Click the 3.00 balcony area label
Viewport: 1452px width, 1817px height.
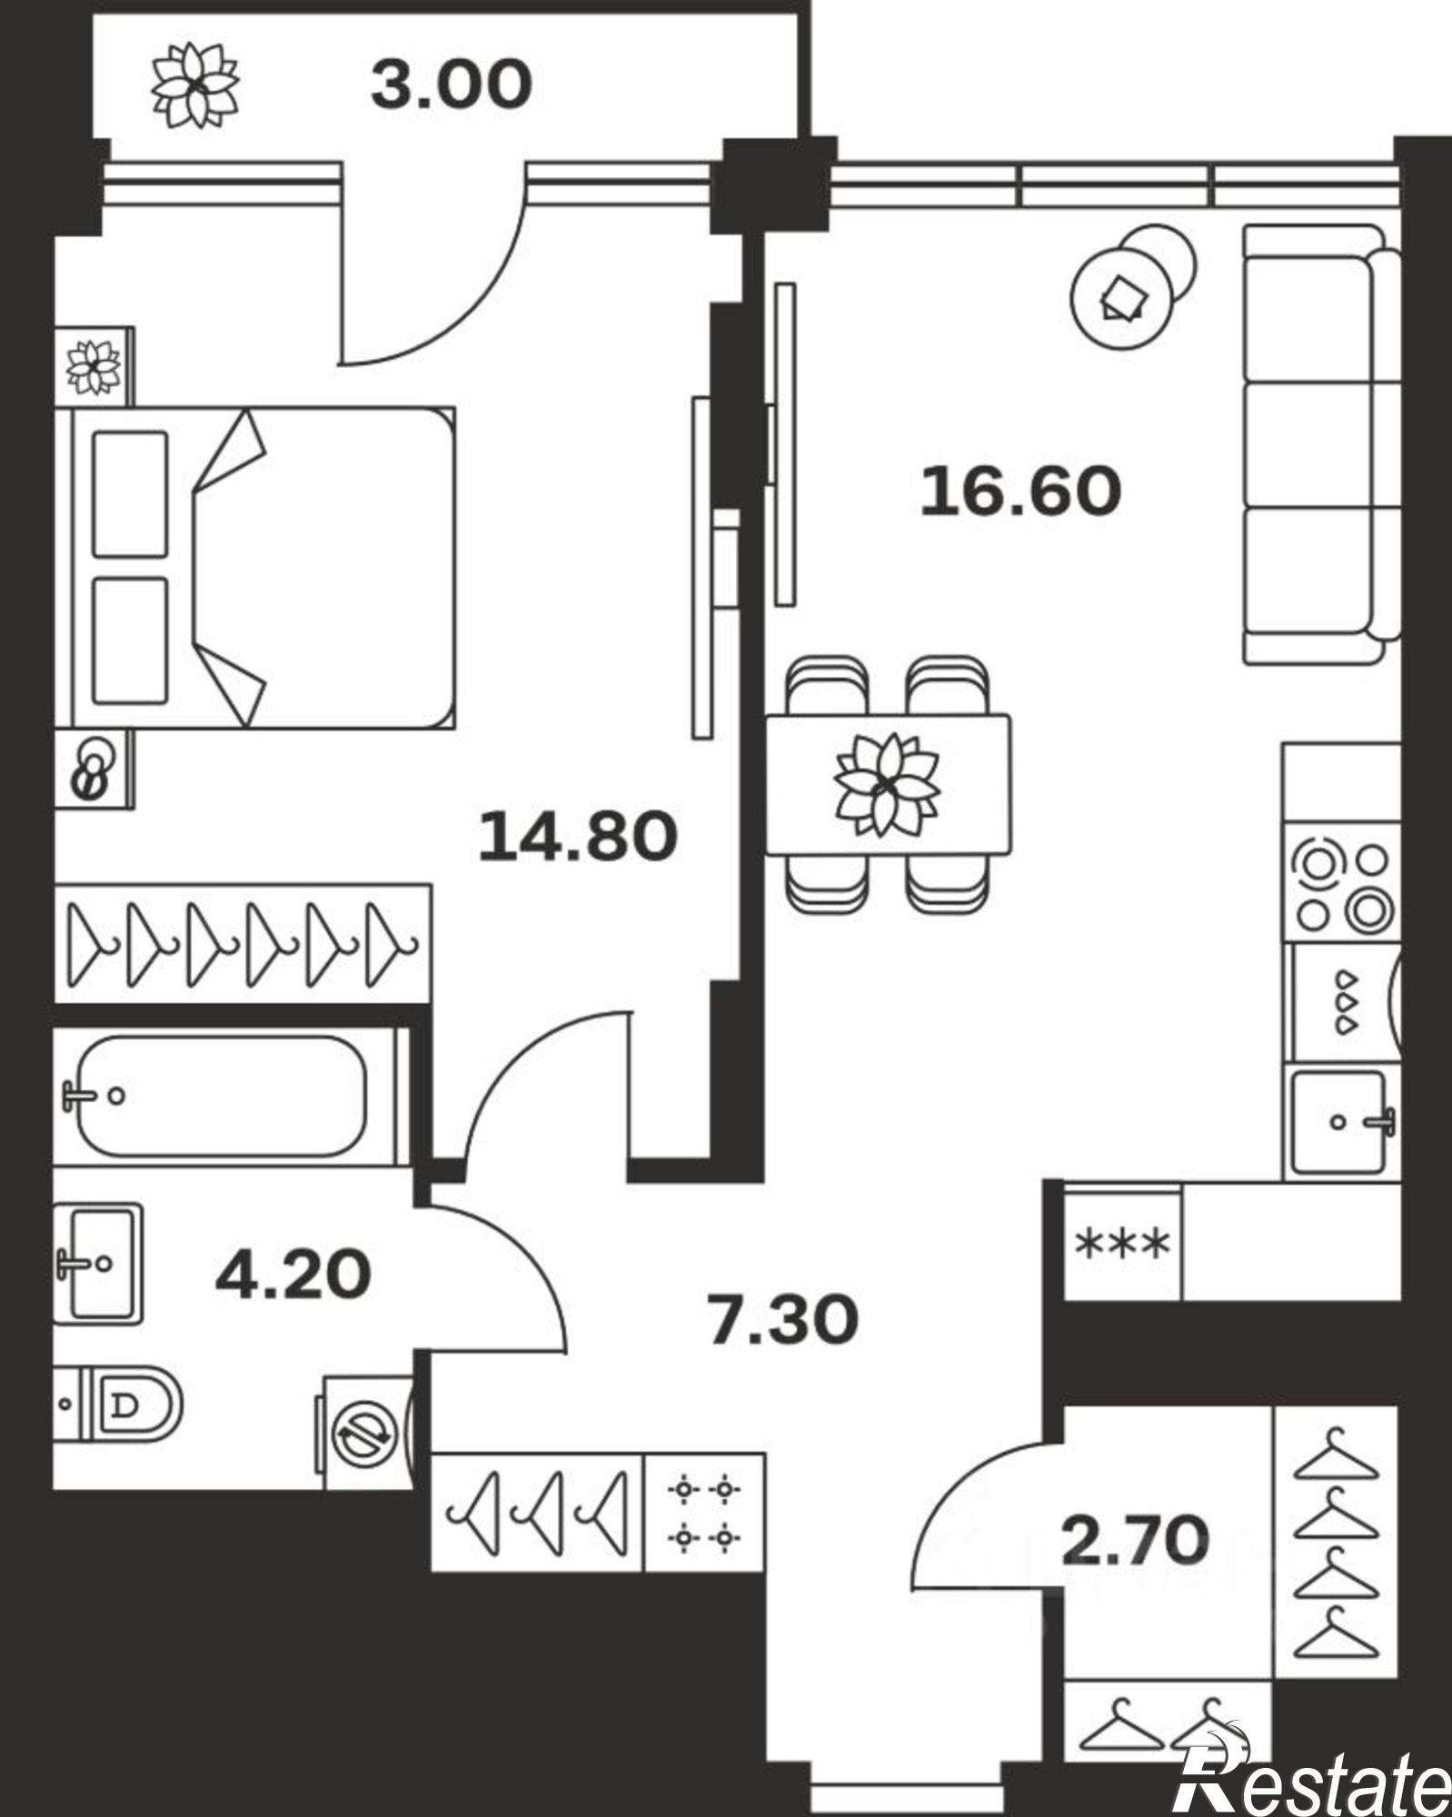coord(451,84)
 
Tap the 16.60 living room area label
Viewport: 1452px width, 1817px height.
coord(1020,491)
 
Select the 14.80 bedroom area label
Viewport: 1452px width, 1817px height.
coord(578,836)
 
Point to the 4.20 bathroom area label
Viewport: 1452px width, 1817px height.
coord(293,1274)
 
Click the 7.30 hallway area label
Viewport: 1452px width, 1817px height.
coord(782,1320)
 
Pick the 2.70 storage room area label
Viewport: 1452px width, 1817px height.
coord(1136,1539)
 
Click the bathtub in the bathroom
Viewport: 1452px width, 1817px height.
coord(223,1096)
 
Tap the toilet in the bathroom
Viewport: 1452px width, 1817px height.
coord(118,1405)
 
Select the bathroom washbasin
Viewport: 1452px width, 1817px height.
coord(98,1263)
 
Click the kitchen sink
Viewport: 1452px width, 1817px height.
coord(1340,1123)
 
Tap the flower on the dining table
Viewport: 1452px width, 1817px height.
coord(886,784)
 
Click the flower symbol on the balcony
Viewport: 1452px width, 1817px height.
coord(195,85)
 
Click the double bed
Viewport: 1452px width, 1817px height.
coord(254,568)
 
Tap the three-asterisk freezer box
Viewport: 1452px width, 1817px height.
coord(1122,1244)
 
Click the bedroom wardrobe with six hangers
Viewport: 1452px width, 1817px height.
coord(243,944)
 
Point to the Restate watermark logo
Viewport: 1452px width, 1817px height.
coord(1311,1768)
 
